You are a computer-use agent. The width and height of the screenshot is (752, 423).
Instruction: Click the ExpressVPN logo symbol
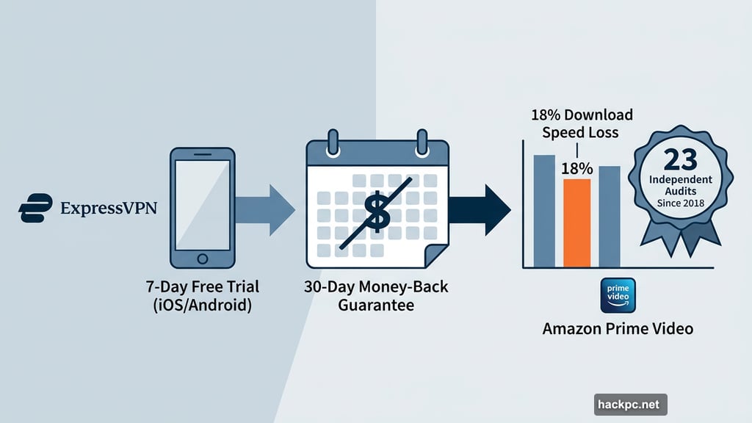pos(35,207)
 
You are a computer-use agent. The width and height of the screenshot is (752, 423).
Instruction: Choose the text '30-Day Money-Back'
pos(376,286)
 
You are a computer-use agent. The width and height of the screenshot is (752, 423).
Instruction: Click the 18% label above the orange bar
pos(576,168)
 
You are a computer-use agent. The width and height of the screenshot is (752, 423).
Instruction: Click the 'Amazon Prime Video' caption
pos(618,328)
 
